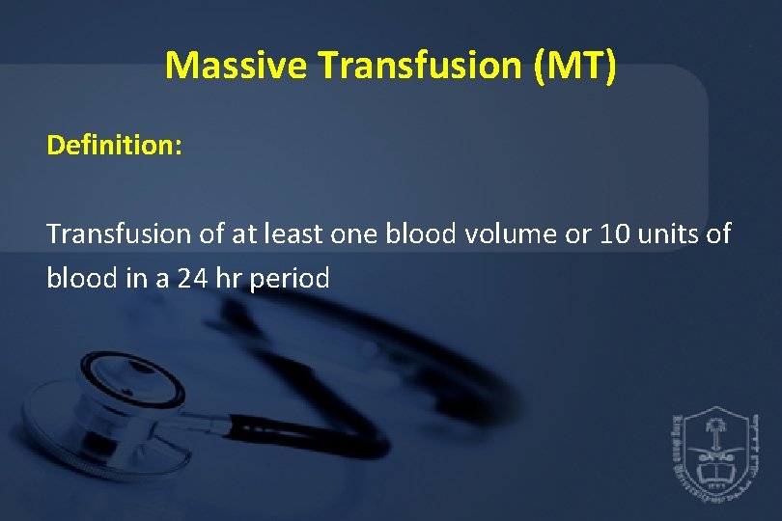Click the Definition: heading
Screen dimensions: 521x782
pos(108,146)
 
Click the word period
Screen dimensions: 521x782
pos(290,279)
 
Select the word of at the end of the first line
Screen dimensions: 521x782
pos(718,233)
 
